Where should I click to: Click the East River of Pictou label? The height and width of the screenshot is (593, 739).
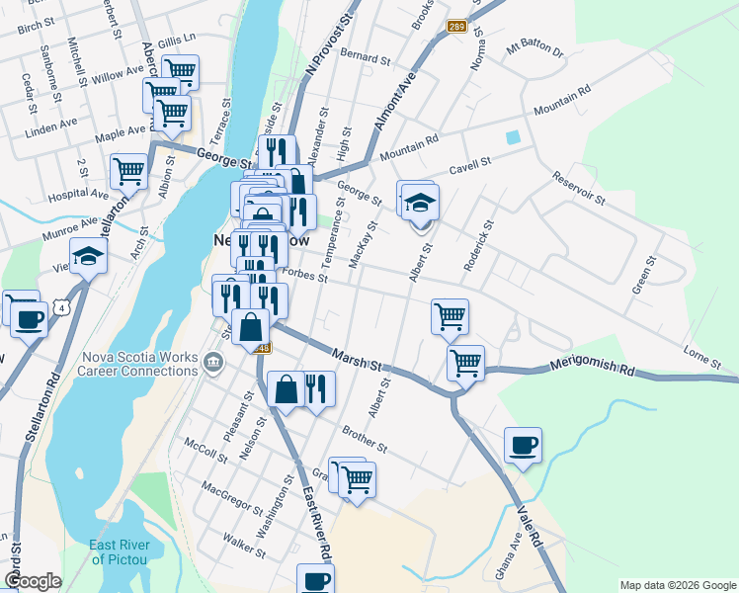[x=120, y=551]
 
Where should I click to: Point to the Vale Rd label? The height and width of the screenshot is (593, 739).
[x=530, y=526]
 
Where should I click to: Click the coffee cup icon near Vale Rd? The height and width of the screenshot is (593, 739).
[x=523, y=447]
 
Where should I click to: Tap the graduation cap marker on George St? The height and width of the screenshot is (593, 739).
[x=420, y=204]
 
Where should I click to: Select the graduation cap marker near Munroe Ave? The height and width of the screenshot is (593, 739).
[x=88, y=257]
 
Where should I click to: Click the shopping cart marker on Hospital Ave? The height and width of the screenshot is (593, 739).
[x=129, y=172]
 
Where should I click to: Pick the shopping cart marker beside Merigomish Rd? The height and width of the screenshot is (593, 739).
[x=465, y=362]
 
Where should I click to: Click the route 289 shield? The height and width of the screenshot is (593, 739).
[x=455, y=27]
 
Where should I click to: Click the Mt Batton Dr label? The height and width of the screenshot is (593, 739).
[x=534, y=48]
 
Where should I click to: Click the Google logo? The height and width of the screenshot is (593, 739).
[x=33, y=581]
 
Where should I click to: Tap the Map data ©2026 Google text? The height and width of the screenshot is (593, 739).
[x=678, y=585]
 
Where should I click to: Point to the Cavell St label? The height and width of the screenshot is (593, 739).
[x=469, y=164]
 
